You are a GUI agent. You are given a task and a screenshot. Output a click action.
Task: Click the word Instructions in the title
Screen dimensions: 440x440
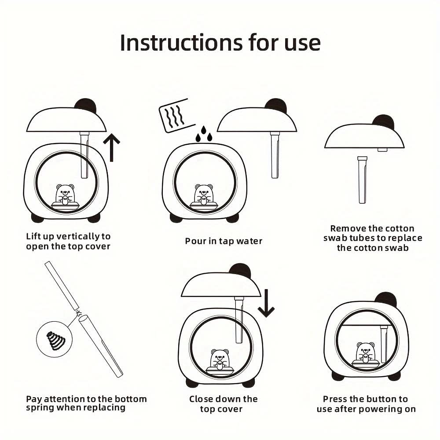click(x=181, y=43)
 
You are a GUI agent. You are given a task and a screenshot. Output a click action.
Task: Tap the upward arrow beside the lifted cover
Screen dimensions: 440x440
click(x=111, y=147)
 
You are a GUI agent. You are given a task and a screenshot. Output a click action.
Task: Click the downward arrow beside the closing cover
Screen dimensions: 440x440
click(x=266, y=303)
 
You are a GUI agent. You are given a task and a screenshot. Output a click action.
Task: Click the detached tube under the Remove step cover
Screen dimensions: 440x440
click(x=362, y=180)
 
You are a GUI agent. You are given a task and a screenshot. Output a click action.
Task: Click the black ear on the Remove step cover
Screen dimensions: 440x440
click(x=384, y=121)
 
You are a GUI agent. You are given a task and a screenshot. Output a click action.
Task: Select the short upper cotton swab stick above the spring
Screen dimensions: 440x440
click(x=62, y=286)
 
